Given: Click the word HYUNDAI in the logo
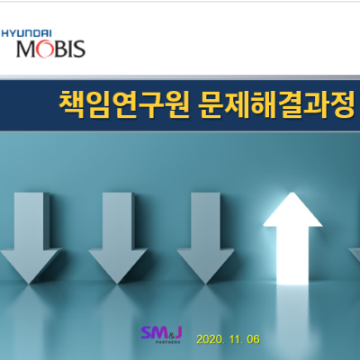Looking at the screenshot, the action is coord(26,33).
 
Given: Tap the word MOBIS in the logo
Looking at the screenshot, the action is coord(50,49).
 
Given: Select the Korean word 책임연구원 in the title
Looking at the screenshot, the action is coord(124,105).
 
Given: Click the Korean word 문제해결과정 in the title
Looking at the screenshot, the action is coord(276,105).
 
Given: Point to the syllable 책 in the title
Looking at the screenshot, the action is coord(71,105).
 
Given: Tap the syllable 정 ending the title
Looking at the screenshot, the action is coord(342,105).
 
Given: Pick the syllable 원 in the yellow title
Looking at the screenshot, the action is coord(177,105).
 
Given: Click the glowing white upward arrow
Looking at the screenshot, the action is coord(292,239).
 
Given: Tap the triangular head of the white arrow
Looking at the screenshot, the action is coord(292,210).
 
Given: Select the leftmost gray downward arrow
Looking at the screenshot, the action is coord(31,238).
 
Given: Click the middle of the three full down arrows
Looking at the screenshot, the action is coord(118,238).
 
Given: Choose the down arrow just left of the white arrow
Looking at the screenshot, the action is coord(206,238).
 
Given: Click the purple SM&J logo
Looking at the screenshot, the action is coord(162,335).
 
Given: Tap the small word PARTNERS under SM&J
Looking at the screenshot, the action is coord(168,342).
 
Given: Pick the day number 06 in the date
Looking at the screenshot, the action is coord(254,339).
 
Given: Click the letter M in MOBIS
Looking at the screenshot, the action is coord(26,49).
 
